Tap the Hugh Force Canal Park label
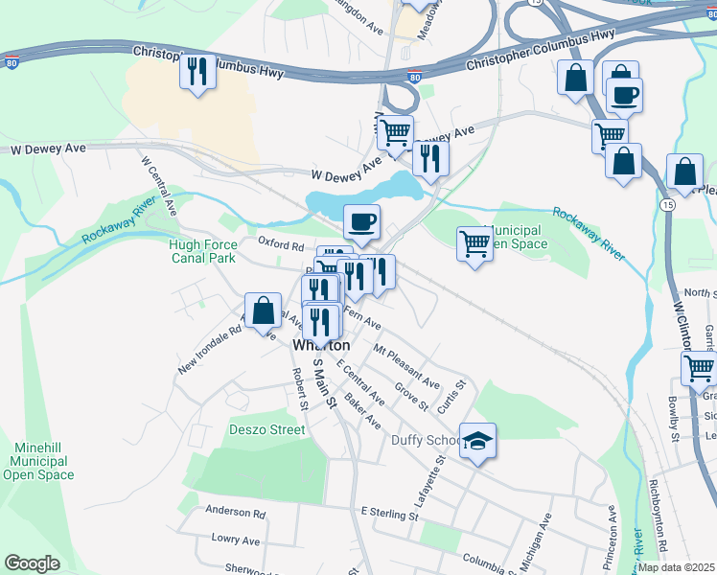click(x=204, y=251)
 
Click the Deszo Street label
click(x=266, y=429)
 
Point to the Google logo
click(x=32, y=563)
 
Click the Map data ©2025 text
click(x=677, y=567)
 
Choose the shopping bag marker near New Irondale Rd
click(x=264, y=311)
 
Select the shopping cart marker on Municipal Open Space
click(x=474, y=245)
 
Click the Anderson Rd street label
click(x=235, y=513)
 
